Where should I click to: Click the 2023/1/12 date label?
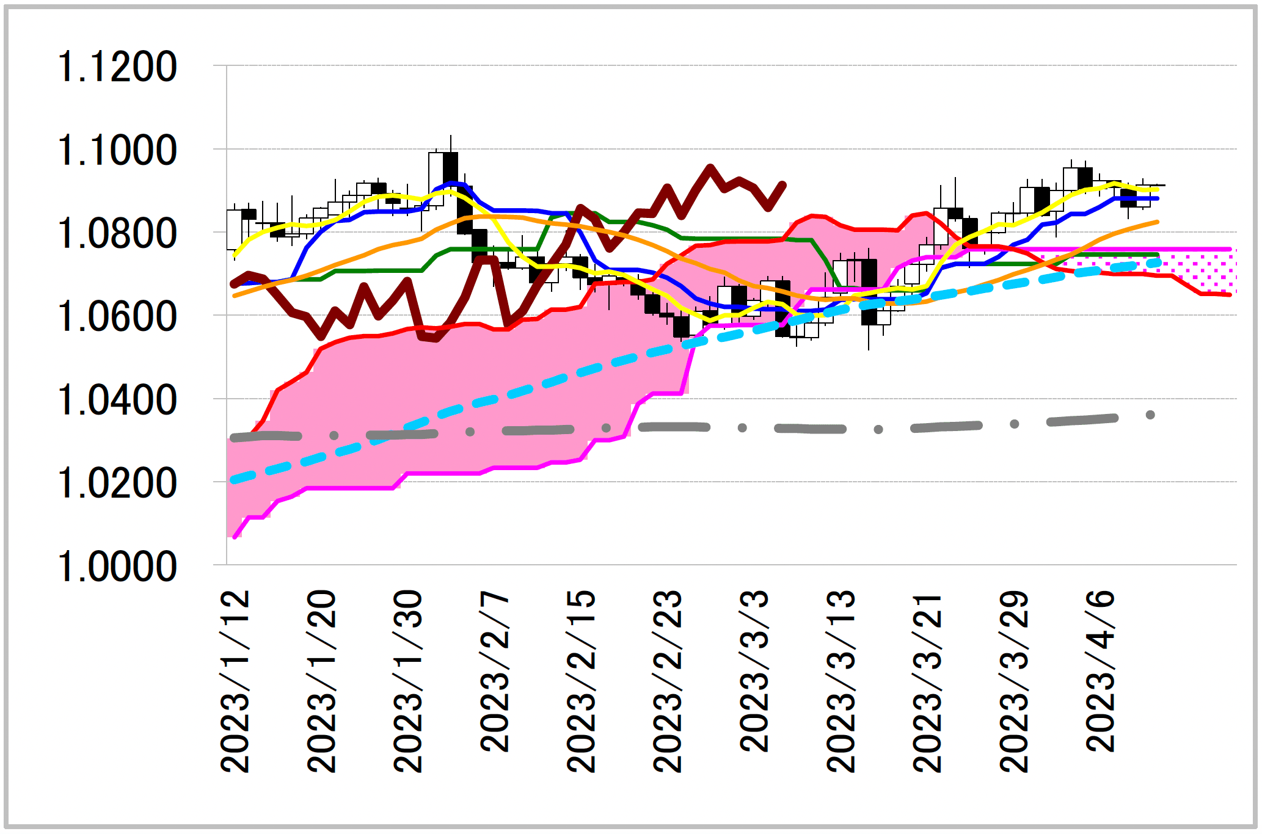click(x=235, y=681)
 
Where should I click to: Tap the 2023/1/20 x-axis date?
click(x=322, y=681)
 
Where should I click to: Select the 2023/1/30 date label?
click(x=409, y=681)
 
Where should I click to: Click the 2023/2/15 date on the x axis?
click(x=582, y=681)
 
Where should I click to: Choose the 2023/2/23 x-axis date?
click(x=668, y=681)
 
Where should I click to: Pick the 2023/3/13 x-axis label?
click(x=841, y=681)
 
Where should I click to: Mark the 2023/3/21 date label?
click(x=927, y=681)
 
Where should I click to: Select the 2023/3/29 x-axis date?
click(x=1014, y=681)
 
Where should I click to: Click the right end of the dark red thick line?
click(x=784, y=184)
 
